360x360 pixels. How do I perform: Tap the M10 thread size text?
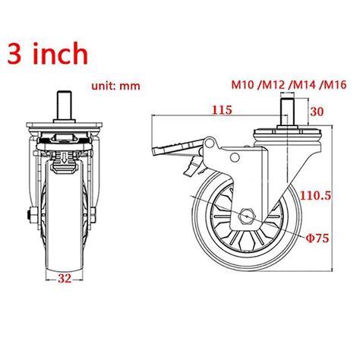click(245, 84)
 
